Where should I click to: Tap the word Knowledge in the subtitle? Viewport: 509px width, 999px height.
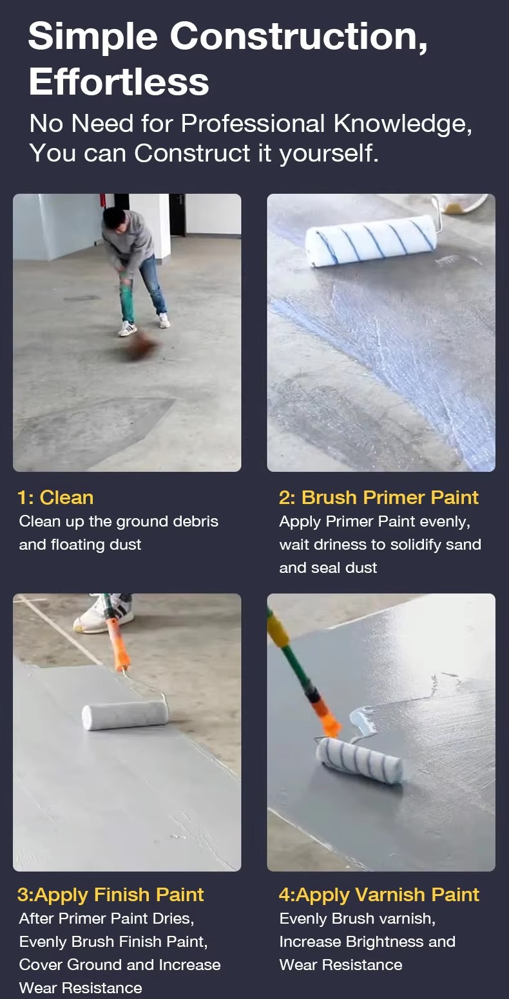click(402, 124)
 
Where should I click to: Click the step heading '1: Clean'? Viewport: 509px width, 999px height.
click(55, 498)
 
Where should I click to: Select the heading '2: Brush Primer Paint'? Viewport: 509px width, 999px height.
click(378, 498)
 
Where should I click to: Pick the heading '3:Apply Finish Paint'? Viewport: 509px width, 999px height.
click(110, 895)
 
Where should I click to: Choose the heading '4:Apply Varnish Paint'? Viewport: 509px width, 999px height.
click(379, 895)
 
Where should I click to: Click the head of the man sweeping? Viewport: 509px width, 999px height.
click(113, 219)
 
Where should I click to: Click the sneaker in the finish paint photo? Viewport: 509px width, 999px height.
click(104, 613)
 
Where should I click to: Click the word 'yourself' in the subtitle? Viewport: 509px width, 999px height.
click(329, 154)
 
